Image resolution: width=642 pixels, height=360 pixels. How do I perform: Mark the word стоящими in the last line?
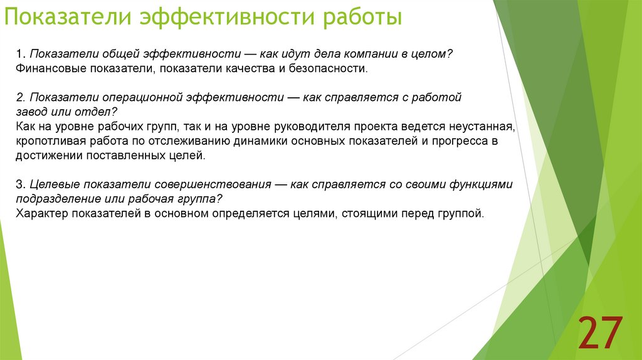click(363, 213)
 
